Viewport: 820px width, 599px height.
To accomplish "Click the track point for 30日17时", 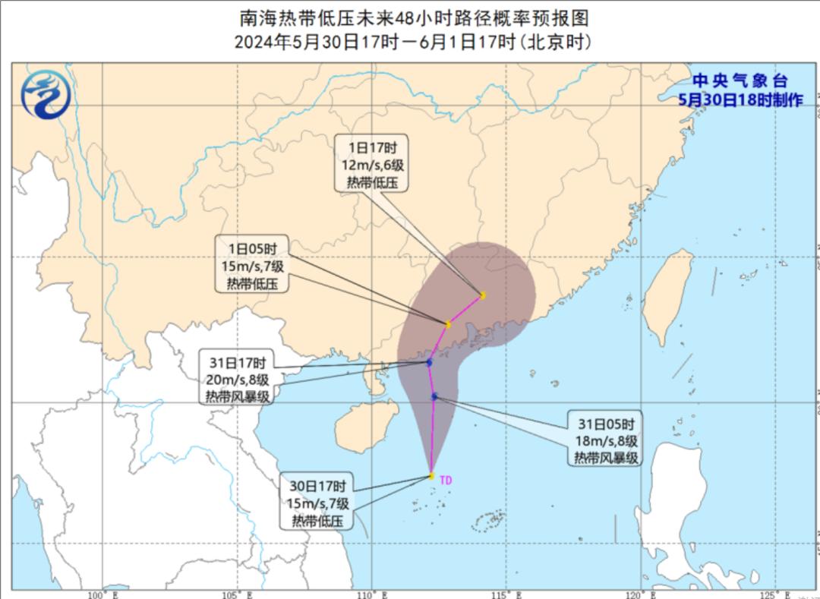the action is click(x=431, y=476).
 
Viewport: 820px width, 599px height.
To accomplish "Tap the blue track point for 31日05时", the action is click(x=434, y=396).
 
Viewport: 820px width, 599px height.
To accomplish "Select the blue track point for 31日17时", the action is click(x=429, y=363).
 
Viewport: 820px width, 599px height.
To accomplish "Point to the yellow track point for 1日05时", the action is click(x=448, y=324).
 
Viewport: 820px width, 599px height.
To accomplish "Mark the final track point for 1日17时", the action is click(x=482, y=295).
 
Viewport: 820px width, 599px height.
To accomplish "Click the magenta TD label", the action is click(x=446, y=480).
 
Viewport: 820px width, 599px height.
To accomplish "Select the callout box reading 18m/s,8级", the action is click(x=605, y=440).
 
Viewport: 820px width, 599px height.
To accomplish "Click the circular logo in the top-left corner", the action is click(x=46, y=94).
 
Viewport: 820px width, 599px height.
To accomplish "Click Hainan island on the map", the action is click(x=358, y=429).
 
